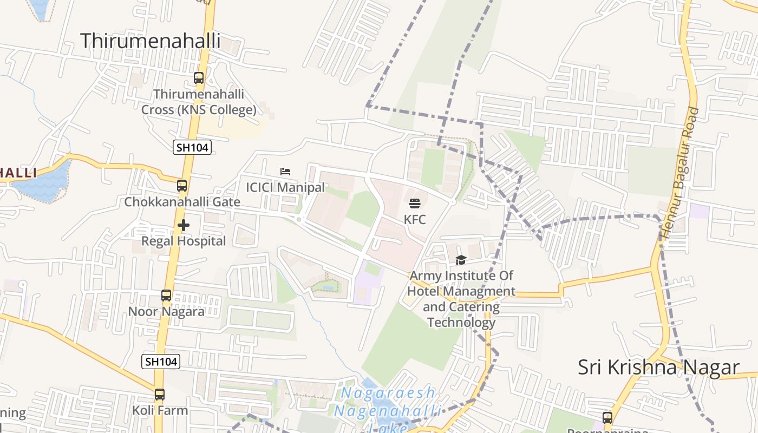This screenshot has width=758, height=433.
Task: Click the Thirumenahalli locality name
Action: pyautogui.click(x=151, y=41)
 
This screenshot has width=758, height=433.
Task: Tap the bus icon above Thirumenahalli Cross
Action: pyautogui.click(x=199, y=78)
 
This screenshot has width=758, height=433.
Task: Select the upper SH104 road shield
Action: pyautogui.click(x=192, y=147)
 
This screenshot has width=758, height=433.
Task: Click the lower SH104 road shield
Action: pyautogui.click(x=161, y=362)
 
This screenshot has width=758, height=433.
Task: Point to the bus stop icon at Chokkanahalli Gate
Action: pyautogui.click(x=182, y=186)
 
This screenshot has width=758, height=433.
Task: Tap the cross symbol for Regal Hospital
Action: pyautogui.click(x=184, y=225)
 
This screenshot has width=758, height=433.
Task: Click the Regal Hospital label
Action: pyautogui.click(x=184, y=241)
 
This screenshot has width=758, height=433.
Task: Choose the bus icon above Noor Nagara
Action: pyautogui.click(x=166, y=296)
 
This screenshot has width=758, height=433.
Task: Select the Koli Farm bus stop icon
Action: pyautogui.click(x=159, y=395)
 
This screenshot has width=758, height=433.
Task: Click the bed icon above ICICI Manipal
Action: pyautogui.click(x=285, y=172)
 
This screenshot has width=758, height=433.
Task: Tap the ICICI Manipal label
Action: pyautogui.click(x=285, y=187)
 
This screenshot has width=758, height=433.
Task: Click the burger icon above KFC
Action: pyautogui.click(x=415, y=204)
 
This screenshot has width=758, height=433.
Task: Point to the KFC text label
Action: pyautogui.click(x=415, y=219)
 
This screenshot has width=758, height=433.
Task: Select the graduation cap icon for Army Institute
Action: pyautogui.click(x=461, y=260)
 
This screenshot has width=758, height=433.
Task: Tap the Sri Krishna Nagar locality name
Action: pyautogui.click(x=658, y=367)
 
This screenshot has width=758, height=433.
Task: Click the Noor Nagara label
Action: pyautogui.click(x=166, y=311)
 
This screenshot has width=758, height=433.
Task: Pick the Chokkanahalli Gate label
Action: pyautogui.click(x=182, y=202)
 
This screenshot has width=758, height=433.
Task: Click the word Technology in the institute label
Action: pyautogui.click(x=461, y=323)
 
